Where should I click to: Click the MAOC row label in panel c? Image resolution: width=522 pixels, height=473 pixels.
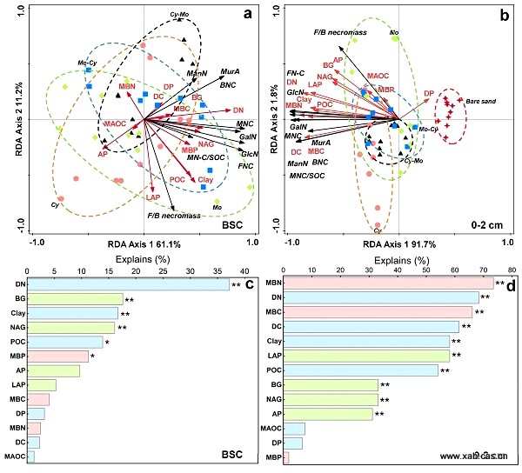tap(14, 456)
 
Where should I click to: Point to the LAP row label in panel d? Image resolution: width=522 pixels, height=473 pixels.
tap(275, 356)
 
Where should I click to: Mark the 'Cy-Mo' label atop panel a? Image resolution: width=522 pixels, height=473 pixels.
tap(179, 15)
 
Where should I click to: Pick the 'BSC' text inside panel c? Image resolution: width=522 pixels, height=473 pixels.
tap(232, 454)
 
